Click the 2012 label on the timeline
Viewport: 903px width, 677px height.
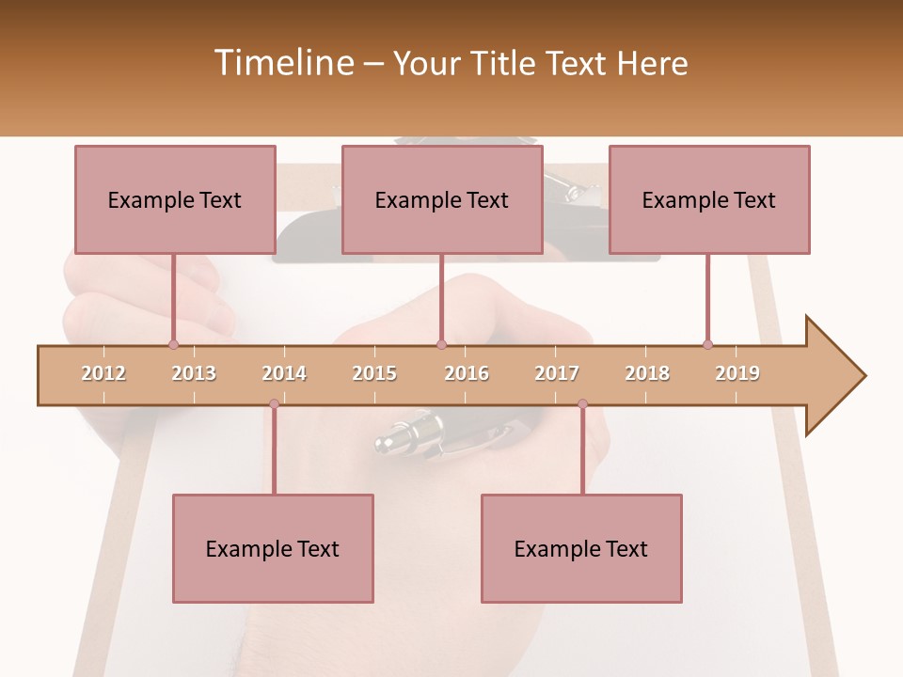tap(103, 373)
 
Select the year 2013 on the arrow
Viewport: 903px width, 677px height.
tap(194, 373)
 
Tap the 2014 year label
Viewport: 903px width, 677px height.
tap(284, 373)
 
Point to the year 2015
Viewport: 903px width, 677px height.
tap(374, 373)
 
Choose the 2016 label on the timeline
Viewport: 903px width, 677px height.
tap(467, 373)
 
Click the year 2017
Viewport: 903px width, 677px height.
tap(557, 373)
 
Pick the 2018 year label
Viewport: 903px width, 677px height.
tap(647, 373)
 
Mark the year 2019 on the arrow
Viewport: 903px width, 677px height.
tap(737, 373)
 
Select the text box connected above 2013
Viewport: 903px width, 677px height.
tap(175, 199)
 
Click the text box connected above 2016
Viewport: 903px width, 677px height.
tap(442, 199)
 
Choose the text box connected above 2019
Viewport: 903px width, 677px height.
tap(709, 199)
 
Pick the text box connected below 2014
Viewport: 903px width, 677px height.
tap(273, 548)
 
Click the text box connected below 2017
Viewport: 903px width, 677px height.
tap(581, 548)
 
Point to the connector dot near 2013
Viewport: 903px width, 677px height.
tap(173, 344)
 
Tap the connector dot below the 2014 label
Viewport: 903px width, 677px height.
tap(274, 404)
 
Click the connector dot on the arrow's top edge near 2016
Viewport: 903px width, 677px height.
tap(441, 344)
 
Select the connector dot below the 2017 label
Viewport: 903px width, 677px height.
tap(582, 404)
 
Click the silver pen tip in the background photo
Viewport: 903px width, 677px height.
tap(388, 440)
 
